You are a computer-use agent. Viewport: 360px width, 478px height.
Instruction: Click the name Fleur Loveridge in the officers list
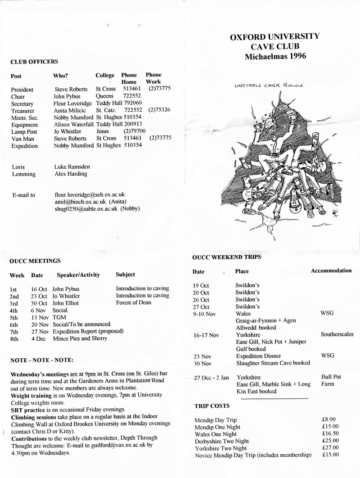[x=73, y=104]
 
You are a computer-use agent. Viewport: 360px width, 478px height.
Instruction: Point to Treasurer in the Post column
[x=22, y=110]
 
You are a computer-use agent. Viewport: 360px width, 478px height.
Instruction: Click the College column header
[x=105, y=75]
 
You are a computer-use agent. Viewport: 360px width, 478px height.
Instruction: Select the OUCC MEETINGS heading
[x=35, y=261]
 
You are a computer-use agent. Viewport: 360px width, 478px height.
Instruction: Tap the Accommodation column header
[x=331, y=271]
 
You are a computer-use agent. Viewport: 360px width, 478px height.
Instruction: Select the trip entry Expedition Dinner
[x=256, y=356]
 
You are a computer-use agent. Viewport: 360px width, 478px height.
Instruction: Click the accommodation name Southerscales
[x=337, y=334]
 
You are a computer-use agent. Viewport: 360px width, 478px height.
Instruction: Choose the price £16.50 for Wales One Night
[x=331, y=434]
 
